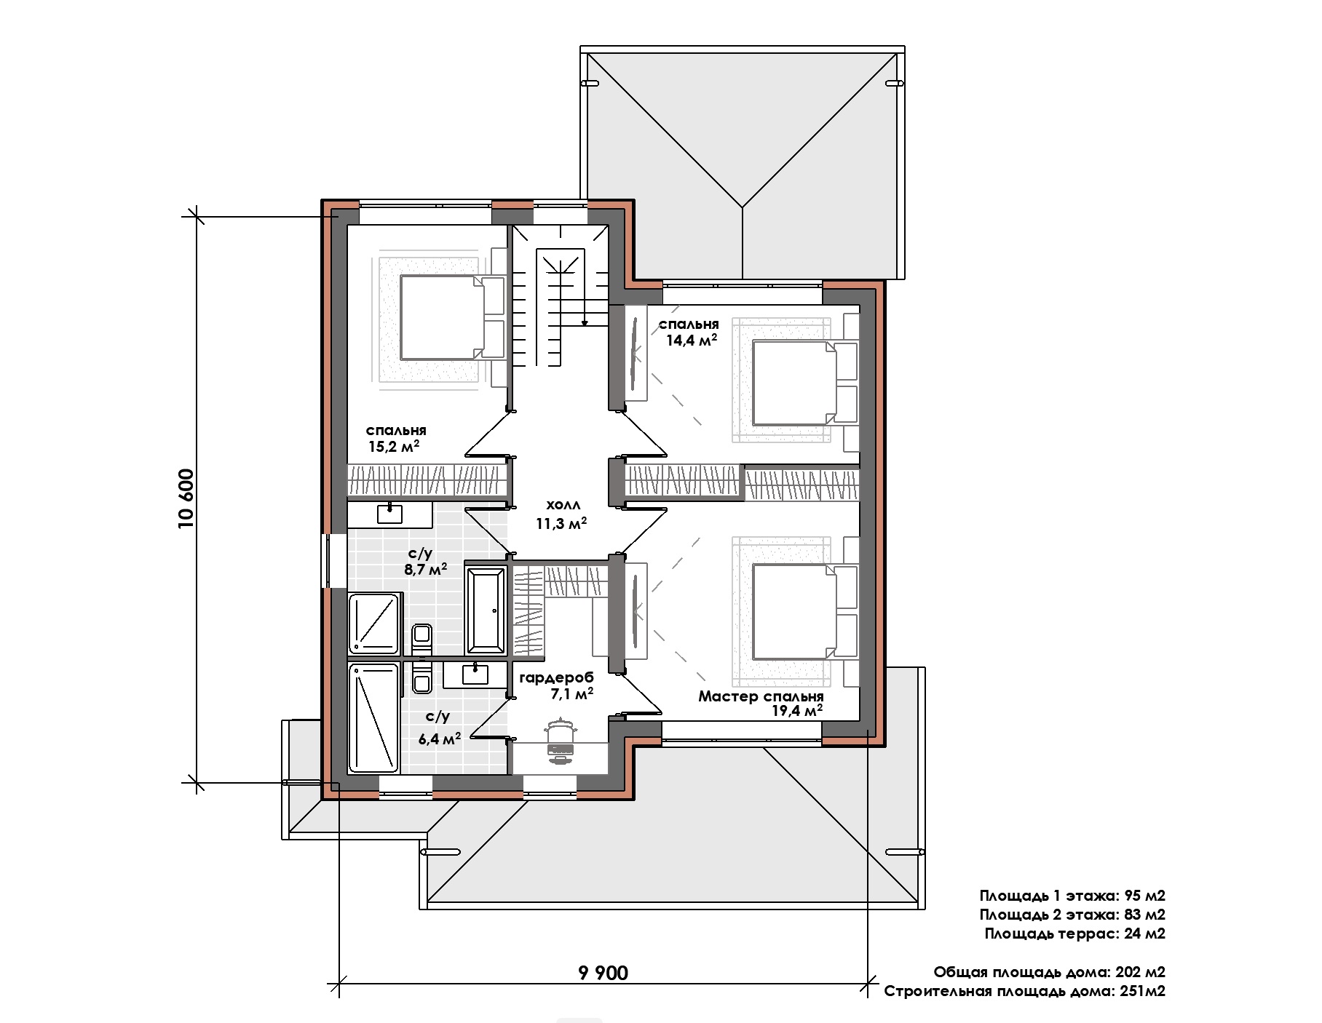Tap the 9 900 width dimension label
pyautogui.click(x=603, y=972)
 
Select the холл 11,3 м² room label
pyautogui.click(x=561, y=514)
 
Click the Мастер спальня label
pyautogui.click(x=761, y=696)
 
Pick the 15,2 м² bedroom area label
pyautogui.click(x=394, y=446)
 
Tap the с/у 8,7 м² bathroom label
pyautogui.click(x=425, y=562)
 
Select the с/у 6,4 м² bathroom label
pyautogui.click(x=439, y=728)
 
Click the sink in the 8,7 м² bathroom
pyautogui.click(x=389, y=514)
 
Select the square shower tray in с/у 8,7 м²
pyautogui.click(x=375, y=624)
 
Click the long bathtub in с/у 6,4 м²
pyautogui.click(x=374, y=718)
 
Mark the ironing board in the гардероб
pyautogui.click(x=559, y=741)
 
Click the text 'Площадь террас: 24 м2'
pyautogui.click(x=1074, y=934)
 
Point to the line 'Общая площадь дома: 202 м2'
pyautogui.click(x=1050, y=972)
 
